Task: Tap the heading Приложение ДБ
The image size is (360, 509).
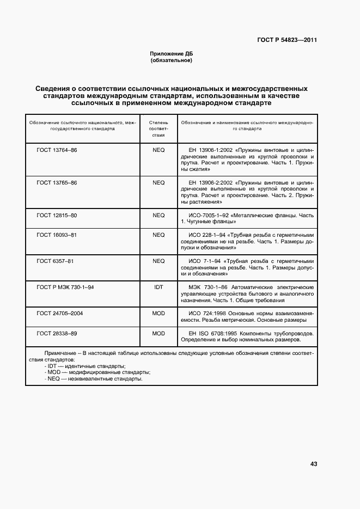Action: click(172, 54)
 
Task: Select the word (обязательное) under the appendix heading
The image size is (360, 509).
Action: click(172, 60)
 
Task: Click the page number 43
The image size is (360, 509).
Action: click(313, 464)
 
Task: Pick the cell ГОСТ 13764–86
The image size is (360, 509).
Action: click(57, 150)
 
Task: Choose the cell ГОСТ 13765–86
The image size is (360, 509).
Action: click(57, 182)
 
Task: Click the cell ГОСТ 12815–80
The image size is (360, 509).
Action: click(57, 215)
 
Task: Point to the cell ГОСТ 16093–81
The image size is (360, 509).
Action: click(57, 235)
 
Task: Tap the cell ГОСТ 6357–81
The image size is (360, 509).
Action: click(55, 261)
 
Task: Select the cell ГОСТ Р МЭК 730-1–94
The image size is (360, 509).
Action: click(65, 287)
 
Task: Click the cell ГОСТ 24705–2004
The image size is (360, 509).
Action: click(60, 313)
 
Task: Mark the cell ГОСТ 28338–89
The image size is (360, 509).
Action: click(57, 333)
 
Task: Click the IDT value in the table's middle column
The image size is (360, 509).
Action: click(158, 287)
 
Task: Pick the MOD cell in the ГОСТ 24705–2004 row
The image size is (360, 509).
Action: click(158, 313)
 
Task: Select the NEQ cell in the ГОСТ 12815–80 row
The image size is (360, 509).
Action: click(158, 215)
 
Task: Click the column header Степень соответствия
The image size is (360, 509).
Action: click(158, 130)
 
